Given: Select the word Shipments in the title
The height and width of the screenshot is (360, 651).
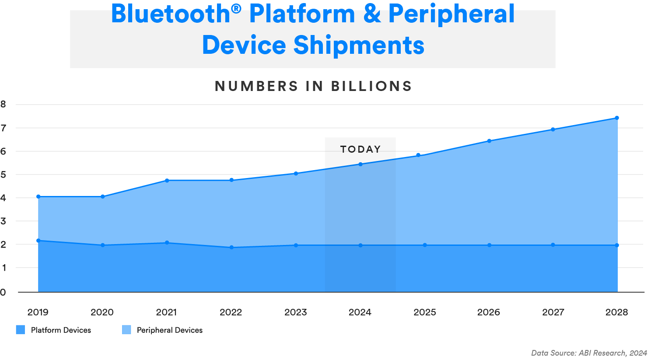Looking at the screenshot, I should pos(359,45).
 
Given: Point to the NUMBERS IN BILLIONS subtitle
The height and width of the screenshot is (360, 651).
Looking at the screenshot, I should pos(313,86).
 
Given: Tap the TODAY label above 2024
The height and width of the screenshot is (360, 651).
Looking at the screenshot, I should pos(360,149).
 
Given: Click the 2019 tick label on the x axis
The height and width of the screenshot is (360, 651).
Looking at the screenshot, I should pos(38,312).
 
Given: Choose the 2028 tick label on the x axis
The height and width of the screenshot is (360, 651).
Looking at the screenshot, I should pos(616,312).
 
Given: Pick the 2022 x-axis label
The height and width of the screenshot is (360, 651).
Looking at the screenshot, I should pos(231,312).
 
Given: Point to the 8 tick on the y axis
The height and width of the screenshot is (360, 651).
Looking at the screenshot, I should pos(3,104).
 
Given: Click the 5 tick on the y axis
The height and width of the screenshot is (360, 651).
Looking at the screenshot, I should pos(3,175).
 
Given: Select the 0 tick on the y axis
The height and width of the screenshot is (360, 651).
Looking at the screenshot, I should pos(3,292).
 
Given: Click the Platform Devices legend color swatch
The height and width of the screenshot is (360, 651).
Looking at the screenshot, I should pos(21,330).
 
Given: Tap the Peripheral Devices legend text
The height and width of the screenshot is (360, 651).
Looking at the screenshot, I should pos(169,330).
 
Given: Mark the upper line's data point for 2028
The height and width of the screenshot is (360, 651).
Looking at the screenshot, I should pos(617,118).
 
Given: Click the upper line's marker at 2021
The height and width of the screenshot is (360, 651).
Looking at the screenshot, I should pos(167,180).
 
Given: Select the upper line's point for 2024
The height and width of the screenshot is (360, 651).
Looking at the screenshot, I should pos(360,164).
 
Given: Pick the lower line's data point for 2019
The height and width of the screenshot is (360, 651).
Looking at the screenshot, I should pos(38,241).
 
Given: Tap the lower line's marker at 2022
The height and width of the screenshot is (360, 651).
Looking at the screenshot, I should pos(231,248).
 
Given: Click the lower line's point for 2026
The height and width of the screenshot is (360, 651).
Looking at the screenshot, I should pos(489,245).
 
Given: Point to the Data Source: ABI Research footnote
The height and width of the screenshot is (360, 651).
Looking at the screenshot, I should pos(589,353).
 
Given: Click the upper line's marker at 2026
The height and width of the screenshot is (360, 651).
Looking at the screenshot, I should pos(489,141).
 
